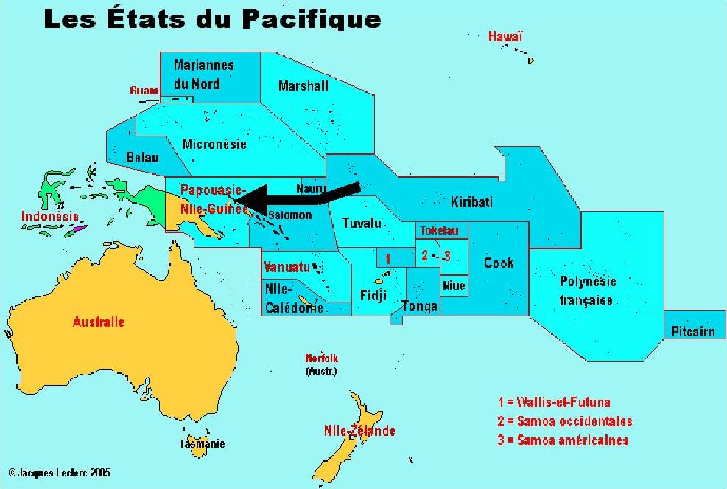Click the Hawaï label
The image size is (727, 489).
click(x=505, y=36)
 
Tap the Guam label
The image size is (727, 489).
click(x=144, y=90)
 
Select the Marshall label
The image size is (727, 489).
click(x=303, y=86)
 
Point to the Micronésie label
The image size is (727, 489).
click(x=214, y=145)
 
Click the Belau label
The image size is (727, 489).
click(x=142, y=157)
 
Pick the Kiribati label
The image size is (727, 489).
click(x=471, y=202)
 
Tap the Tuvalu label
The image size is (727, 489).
click(x=363, y=223)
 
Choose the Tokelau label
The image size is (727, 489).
click(x=439, y=231)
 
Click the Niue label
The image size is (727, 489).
click(x=454, y=285)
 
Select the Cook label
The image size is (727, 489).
click(x=499, y=263)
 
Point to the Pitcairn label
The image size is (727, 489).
click(x=692, y=332)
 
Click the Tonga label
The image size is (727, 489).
click(x=419, y=306)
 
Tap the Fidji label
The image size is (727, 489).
click(x=371, y=296)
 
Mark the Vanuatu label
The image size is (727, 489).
click(x=287, y=266)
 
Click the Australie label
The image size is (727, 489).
click(x=98, y=322)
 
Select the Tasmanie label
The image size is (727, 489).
click(x=202, y=444)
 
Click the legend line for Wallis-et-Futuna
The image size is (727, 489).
click(x=554, y=403)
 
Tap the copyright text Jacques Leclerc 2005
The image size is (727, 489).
click(x=60, y=472)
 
